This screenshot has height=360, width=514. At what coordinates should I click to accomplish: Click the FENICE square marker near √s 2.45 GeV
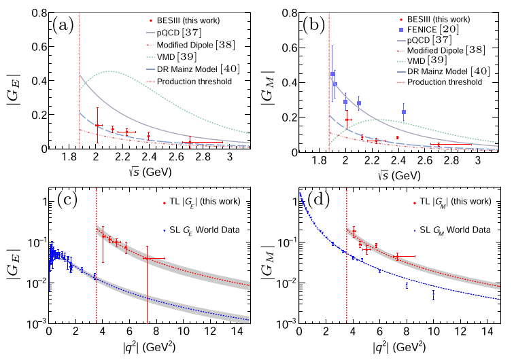point(404,111)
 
